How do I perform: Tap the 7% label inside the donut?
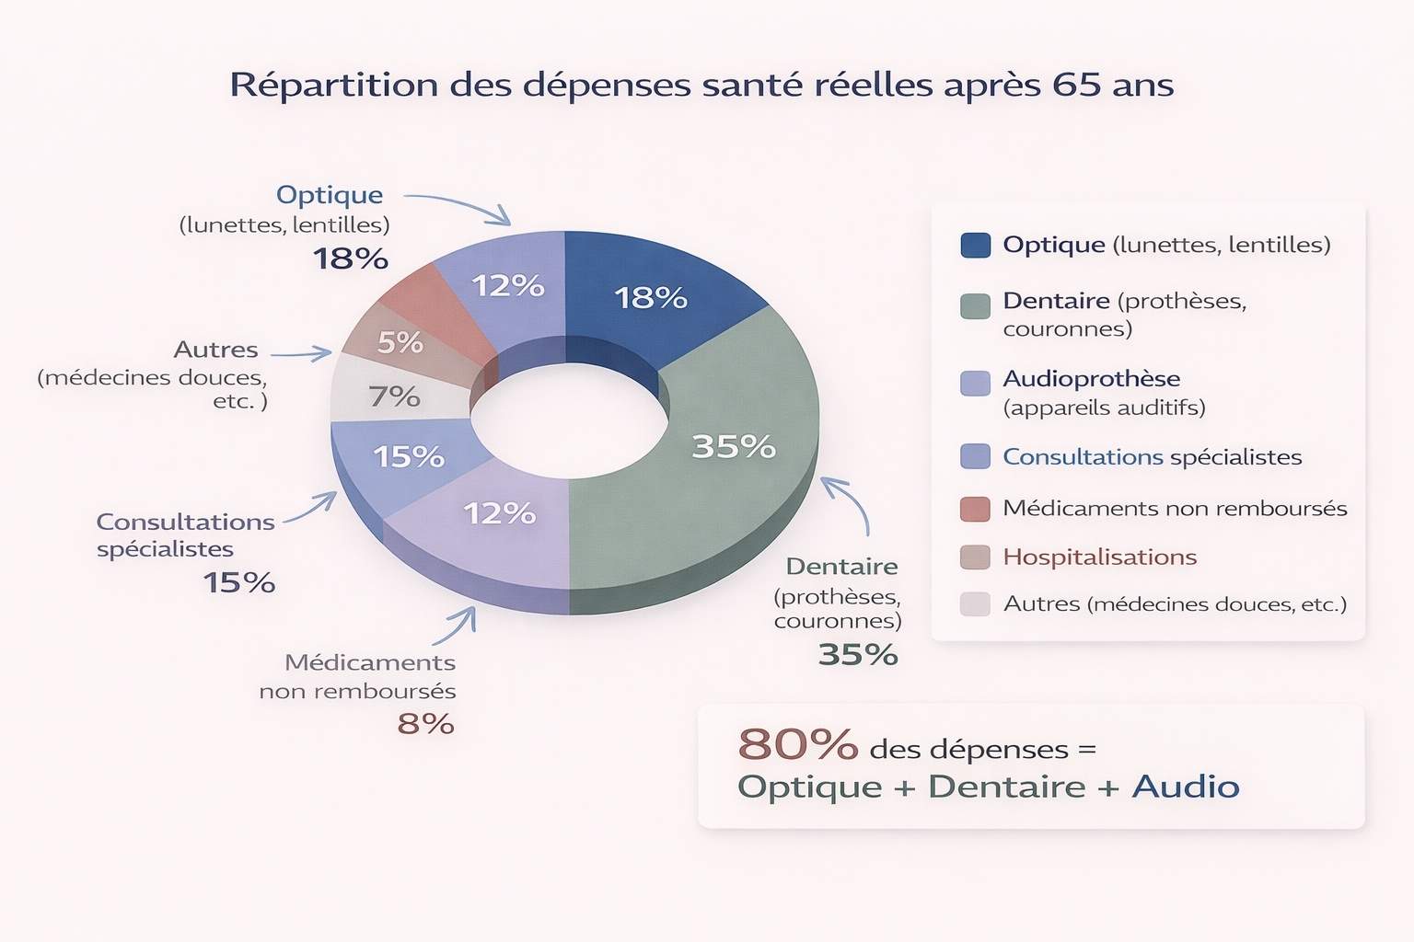pos(394,396)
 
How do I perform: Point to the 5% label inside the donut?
pos(400,342)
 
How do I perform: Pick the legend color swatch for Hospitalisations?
pos(975,557)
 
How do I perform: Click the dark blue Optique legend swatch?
pos(975,245)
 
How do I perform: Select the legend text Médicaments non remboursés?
pos(1175,508)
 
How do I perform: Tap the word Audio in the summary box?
pos(1186,787)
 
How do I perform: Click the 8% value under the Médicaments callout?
pos(425,724)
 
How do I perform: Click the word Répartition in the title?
pos(333,85)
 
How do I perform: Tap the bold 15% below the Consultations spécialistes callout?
pos(239,582)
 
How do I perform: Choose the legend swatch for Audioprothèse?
pos(975,383)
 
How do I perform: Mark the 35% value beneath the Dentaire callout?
pos(857,654)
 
